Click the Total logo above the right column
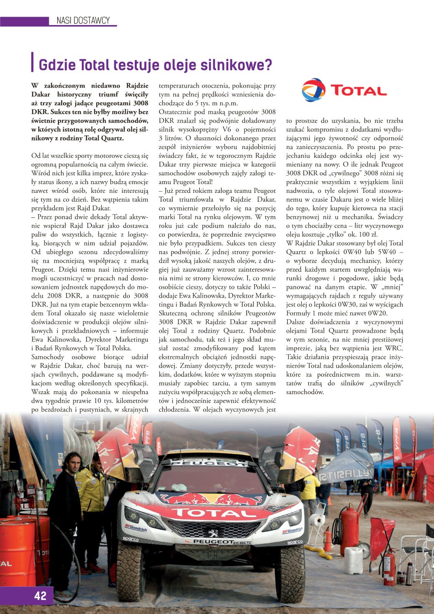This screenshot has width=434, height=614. (x=344, y=90)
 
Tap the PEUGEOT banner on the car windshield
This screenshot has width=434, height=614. (x=214, y=464)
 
